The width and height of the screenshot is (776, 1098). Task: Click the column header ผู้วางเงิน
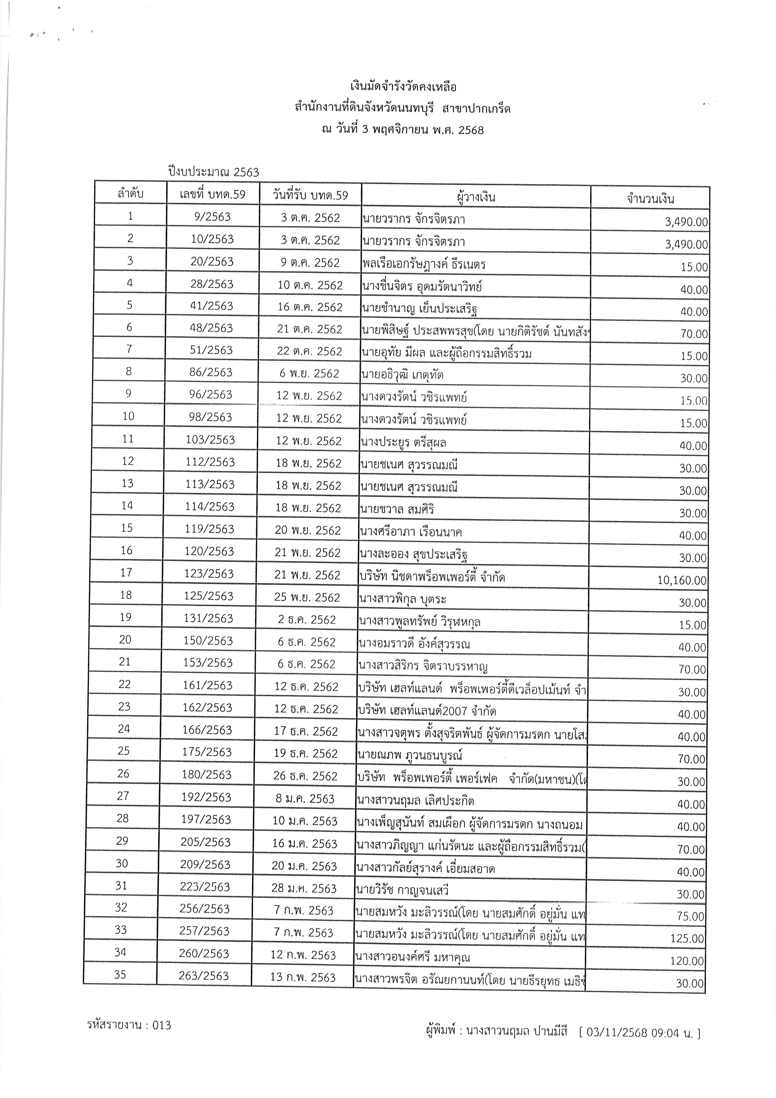(475, 197)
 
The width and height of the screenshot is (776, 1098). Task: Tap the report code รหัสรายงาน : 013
(129, 1025)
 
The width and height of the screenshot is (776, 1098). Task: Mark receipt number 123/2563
(209, 574)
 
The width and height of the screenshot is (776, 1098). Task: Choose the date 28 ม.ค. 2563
(304, 889)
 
